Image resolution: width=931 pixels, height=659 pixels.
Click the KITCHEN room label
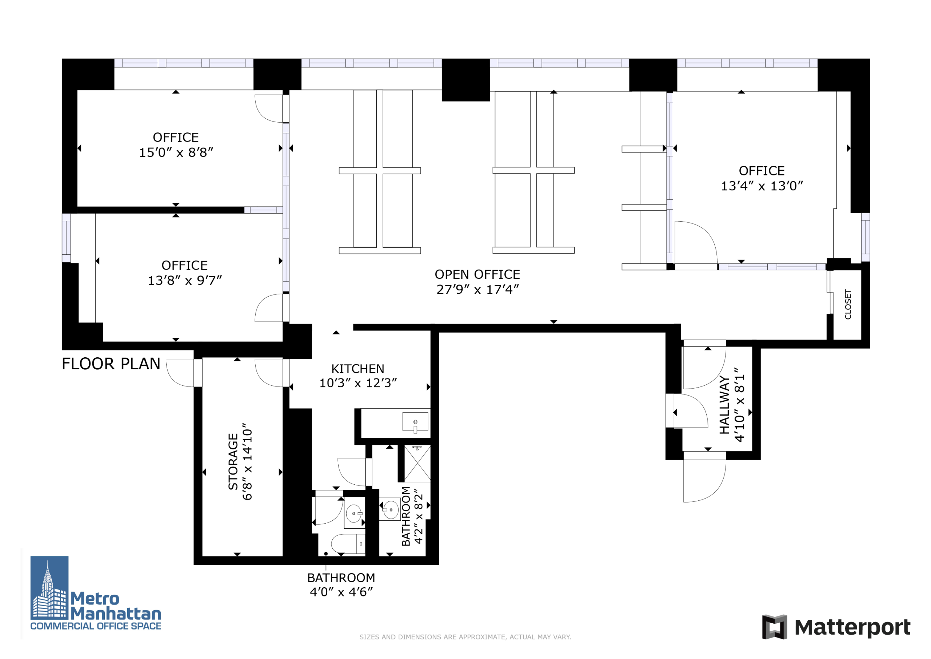(x=357, y=369)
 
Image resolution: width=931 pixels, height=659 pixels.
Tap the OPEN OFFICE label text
(x=477, y=275)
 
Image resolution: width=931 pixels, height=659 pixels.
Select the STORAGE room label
(x=233, y=462)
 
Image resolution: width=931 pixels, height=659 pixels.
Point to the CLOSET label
(x=848, y=304)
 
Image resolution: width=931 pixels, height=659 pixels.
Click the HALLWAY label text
(x=724, y=405)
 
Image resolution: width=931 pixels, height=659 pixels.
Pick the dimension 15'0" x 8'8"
(x=176, y=152)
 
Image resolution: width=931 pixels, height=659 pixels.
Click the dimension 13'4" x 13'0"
(x=762, y=186)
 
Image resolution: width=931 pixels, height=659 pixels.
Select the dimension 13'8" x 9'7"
(x=184, y=281)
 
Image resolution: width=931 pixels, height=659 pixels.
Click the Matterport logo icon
(x=775, y=627)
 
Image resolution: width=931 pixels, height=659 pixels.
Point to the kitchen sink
(x=415, y=422)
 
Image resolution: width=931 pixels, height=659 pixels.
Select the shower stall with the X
(x=417, y=463)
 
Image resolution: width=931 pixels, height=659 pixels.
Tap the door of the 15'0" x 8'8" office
(x=268, y=109)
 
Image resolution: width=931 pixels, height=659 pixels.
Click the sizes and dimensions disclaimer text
(x=465, y=637)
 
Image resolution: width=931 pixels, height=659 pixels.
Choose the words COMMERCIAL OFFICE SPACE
(x=96, y=626)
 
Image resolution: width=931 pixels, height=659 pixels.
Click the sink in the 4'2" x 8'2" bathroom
(x=390, y=509)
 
